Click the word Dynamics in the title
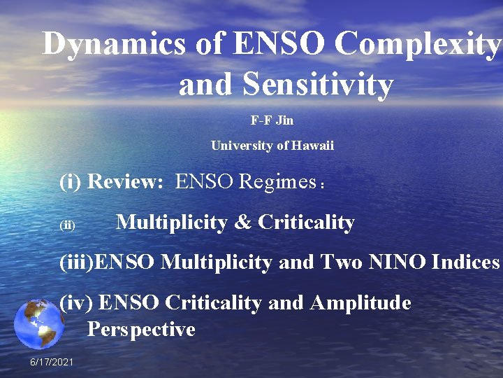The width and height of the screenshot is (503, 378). [x=114, y=44]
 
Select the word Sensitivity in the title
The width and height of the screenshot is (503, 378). [x=318, y=85]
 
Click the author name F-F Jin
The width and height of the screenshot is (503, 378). [x=272, y=120]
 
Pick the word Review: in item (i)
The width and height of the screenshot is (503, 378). [x=125, y=182]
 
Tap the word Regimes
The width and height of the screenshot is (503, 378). [x=278, y=182]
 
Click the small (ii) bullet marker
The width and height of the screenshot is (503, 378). [x=68, y=225]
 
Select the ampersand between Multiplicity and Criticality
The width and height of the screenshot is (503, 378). [x=242, y=223]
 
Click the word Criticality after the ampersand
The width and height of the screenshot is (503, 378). [x=306, y=223]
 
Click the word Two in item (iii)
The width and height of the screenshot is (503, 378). [x=338, y=262]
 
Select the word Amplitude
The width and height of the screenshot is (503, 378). [x=360, y=303]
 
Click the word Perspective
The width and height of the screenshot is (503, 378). [x=141, y=329]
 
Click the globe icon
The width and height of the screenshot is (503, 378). [x=39, y=324]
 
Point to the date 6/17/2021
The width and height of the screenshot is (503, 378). [x=52, y=361]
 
